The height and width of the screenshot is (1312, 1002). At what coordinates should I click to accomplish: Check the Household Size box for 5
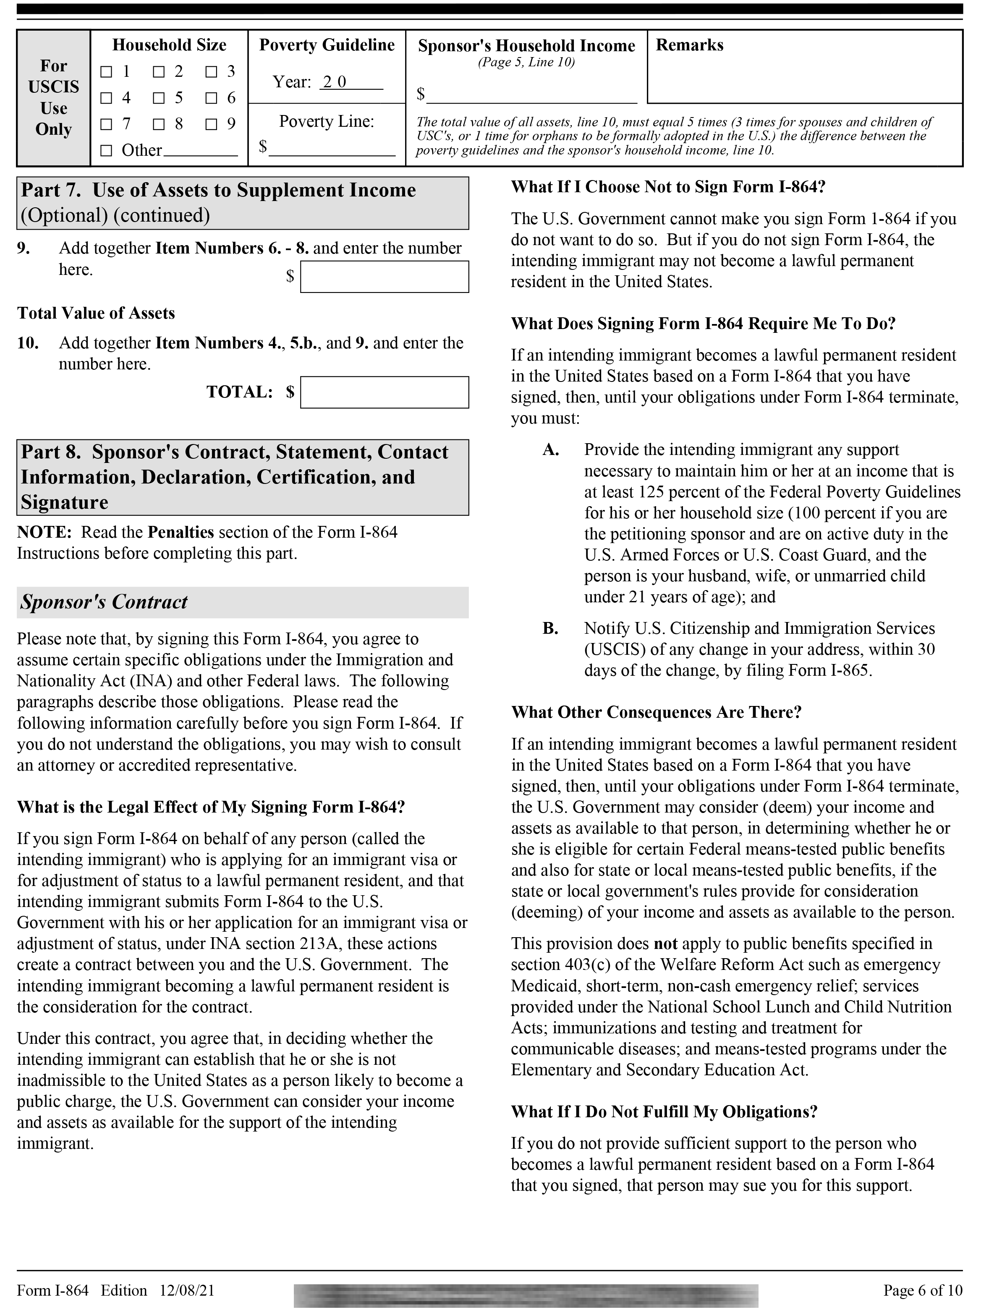pyautogui.click(x=159, y=98)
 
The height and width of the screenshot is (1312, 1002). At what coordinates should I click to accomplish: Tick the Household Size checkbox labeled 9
pyautogui.click(x=211, y=125)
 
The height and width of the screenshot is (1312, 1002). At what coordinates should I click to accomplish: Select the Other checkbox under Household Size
pyautogui.click(x=106, y=151)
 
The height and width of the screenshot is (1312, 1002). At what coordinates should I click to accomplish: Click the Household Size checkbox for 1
pyautogui.click(x=106, y=72)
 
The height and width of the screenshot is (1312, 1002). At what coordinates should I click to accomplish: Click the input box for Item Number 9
pyautogui.click(x=384, y=277)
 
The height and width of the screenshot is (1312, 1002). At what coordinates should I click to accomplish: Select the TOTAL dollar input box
pyautogui.click(x=384, y=392)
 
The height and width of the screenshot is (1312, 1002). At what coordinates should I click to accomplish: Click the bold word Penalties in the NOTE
pyautogui.click(x=181, y=532)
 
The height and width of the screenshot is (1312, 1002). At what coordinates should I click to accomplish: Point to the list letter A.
pyautogui.click(x=550, y=450)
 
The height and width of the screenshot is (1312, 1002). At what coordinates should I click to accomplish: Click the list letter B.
pyautogui.click(x=550, y=629)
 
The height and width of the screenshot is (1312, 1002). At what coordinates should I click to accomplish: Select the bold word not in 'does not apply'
pyautogui.click(x=666, y=944)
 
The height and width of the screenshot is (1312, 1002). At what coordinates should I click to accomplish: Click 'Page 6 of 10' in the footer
pyautogui.click(x=923, y=1291)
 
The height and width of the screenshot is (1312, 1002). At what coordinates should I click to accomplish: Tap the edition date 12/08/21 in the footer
pyautogui.click(x=187, y=1291)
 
